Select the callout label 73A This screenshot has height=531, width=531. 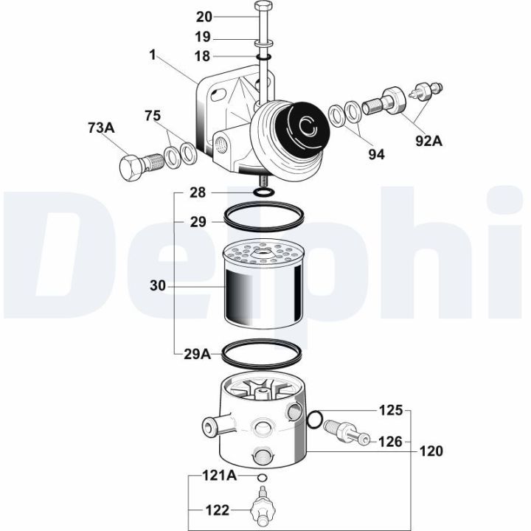101,128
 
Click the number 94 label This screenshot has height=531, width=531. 376,154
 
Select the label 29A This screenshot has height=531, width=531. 197,354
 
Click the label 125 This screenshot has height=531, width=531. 392,409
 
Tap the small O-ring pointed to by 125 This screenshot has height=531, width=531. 313,420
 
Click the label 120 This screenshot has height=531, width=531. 431,451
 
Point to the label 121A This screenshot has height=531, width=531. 219,476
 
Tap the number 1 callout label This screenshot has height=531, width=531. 152,54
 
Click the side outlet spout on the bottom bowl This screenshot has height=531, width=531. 208,426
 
